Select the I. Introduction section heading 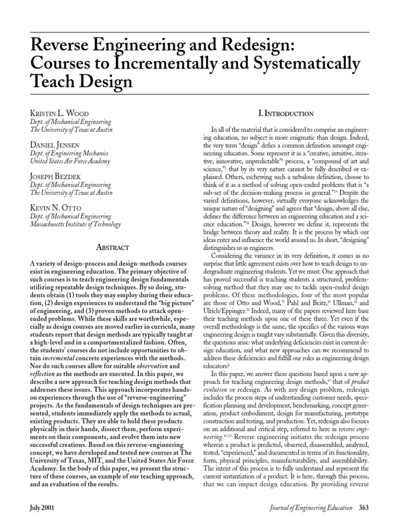[285, 113]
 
